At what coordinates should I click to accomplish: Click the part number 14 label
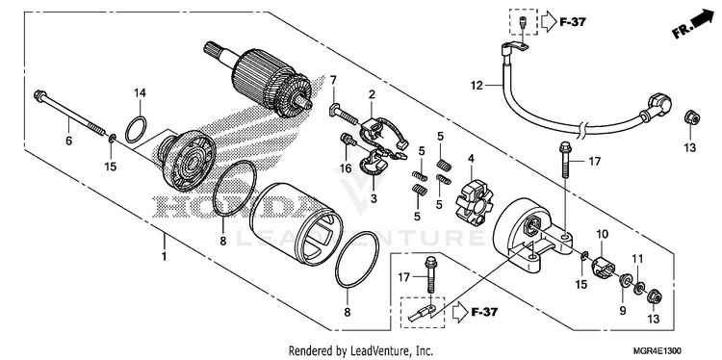(x=140, y=93)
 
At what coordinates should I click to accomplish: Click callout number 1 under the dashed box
(x=164, y=256)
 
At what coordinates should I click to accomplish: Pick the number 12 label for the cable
(x=477, y=85)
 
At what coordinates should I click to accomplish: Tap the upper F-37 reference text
(x=573, y=21)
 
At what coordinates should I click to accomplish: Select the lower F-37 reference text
(x=484, y=312)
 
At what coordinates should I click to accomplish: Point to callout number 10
(x=603, y=235)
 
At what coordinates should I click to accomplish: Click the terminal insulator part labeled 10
(x=603, y=267)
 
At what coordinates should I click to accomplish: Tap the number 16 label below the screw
(x=346, y=168)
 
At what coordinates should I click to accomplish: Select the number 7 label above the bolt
(x=333, y=80)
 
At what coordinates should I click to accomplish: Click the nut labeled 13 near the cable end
(x=691, y=117)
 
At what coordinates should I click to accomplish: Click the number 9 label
(x=623, y=311)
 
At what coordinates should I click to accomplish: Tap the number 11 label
(x=637, y=259)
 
